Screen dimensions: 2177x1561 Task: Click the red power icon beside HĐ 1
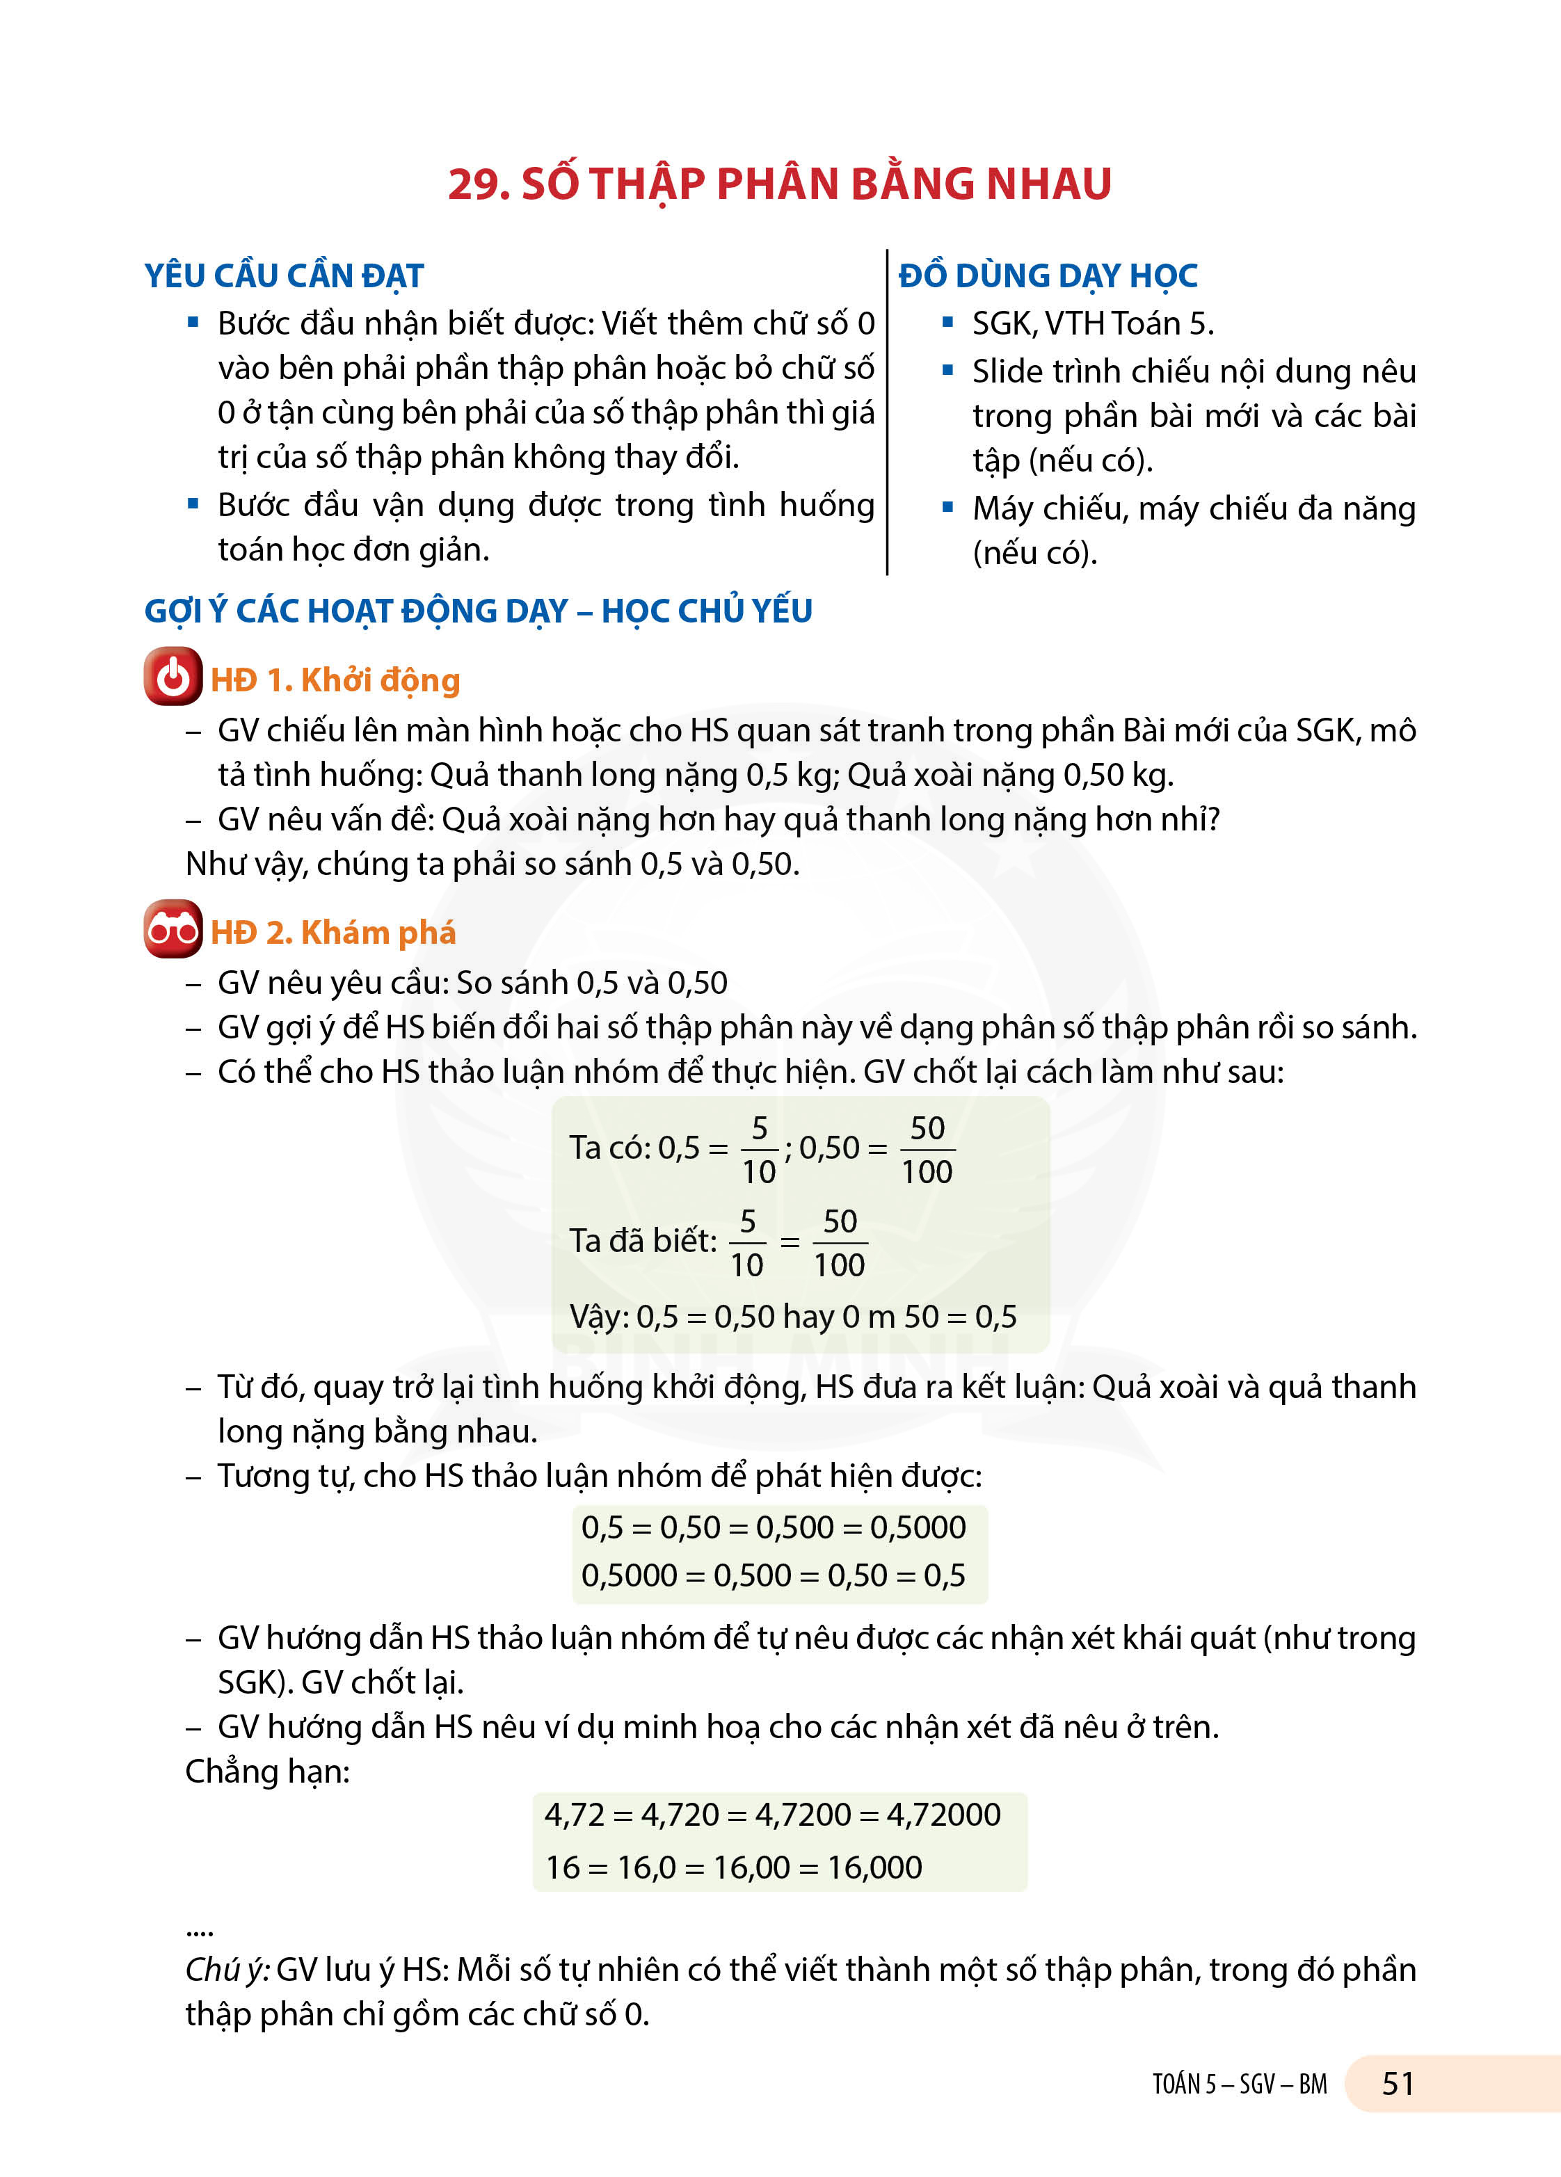tap(173, 677)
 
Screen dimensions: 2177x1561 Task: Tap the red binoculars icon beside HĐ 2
tap(173, 929)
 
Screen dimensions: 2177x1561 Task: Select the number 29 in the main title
tap(477, 184)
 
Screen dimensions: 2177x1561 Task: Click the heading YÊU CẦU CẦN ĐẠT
tap(285, 276)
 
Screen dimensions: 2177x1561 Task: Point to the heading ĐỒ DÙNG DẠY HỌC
tap(1048, 276)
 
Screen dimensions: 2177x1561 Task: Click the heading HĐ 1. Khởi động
tap(335, 680)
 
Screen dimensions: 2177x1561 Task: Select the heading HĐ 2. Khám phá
tap(333, 933)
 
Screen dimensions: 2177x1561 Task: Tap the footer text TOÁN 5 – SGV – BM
tap(1240, 2085)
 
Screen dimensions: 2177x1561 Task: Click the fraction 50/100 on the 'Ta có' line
tap(927, 1149)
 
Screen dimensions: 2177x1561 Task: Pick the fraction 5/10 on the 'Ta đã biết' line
tap(747, 1243)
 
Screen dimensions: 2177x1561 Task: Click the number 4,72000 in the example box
tap(944, 1814)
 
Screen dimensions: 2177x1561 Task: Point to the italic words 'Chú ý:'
tap(227, 1970)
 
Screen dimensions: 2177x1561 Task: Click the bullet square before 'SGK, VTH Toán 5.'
tap(947, 323)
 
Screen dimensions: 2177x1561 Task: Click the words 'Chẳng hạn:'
tap(268, 1771)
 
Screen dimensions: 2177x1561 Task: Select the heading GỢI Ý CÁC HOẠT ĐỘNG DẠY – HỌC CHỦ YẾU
tap(478, 611)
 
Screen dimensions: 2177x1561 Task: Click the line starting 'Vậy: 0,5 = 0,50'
tap(793, 1316)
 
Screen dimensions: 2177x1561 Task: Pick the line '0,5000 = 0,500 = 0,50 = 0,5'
tap(774, 1575)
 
